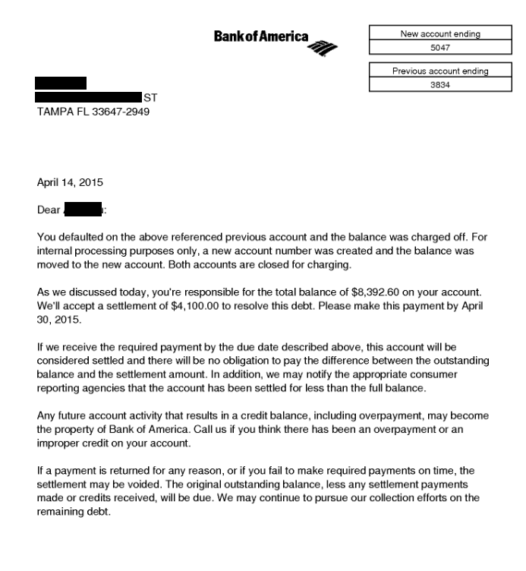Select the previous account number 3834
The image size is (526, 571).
click(439, 84)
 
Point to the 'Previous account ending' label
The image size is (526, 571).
click(439, 71)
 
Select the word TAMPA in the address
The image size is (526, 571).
click(55, 111)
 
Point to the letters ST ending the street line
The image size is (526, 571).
click(150, 98)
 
